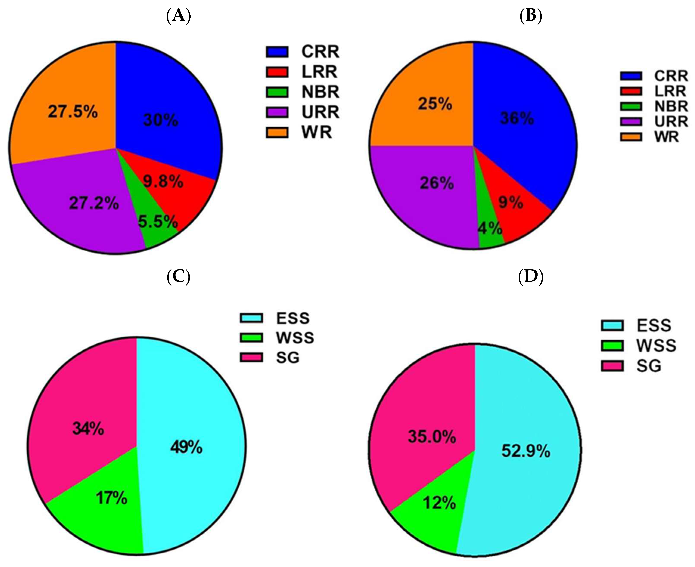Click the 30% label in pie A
tap(161, 120)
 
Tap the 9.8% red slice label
tap(163, 182)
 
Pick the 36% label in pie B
tap(517, 118)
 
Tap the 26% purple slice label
tap(437, 183)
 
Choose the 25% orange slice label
tap(435, 104)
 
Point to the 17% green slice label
tap(111, 498)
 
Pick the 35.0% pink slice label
tap(432, 437)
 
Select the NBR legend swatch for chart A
tap(277, 92)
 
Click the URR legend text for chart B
tap(671, 122)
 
